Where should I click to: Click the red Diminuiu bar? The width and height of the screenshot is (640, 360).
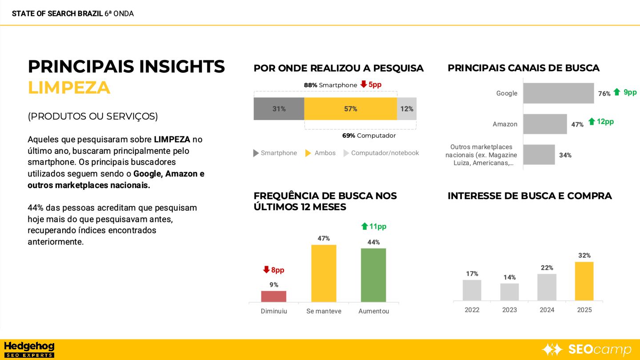274,296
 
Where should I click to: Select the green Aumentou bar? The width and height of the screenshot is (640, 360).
373,275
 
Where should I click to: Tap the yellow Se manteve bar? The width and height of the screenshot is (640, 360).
324,273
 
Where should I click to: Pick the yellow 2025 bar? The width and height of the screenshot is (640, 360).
584,281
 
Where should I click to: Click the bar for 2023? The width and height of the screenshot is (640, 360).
509,292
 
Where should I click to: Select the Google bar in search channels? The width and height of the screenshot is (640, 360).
558,93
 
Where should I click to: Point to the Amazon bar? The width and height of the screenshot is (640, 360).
545,124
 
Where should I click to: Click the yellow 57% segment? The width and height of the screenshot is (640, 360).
350,109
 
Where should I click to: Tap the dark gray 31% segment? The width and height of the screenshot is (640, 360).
279,109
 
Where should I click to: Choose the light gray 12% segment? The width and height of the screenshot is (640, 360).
407,109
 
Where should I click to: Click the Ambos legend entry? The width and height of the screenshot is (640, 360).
320,153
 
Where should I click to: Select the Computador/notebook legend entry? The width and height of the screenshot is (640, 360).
381,153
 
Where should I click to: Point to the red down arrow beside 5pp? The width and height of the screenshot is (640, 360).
364,84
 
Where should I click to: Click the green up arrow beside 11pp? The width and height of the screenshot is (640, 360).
364,226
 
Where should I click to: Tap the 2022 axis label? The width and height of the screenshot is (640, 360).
472,310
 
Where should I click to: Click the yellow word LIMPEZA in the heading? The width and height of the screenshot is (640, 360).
69,88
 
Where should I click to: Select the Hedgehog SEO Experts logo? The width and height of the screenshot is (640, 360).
29,349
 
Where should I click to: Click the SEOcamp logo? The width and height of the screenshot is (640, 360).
587,350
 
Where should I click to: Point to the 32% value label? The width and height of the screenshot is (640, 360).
584,256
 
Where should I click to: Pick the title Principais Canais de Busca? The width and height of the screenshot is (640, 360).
523,68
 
